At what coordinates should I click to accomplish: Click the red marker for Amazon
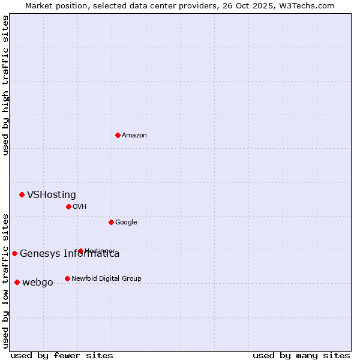point(118,135)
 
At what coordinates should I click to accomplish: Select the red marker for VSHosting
point(22,194)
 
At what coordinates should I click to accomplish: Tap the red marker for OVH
point(68,206)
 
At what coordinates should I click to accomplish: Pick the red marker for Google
point(111,222)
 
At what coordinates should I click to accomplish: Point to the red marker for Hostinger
point(80,251)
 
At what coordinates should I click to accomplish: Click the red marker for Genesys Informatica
point(14,253)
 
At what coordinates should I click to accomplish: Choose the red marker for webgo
point(17,282)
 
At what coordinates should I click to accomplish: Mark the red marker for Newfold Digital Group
point(67,278)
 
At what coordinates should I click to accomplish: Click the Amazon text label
point(134,136)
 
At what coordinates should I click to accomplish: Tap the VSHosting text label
point(52,195)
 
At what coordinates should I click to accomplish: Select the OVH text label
point(80,207)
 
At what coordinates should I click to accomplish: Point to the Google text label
point(126,223)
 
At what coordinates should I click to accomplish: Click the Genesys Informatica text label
point(70,254)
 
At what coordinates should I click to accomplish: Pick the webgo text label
point(38,283)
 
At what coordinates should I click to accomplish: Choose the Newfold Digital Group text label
point(106,278)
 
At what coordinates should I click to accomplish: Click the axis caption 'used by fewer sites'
point(62,355)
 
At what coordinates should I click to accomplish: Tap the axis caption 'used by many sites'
point(301,355)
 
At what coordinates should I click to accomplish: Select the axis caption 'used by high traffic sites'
point(5,85)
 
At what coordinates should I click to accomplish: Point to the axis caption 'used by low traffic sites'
point(5,280)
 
